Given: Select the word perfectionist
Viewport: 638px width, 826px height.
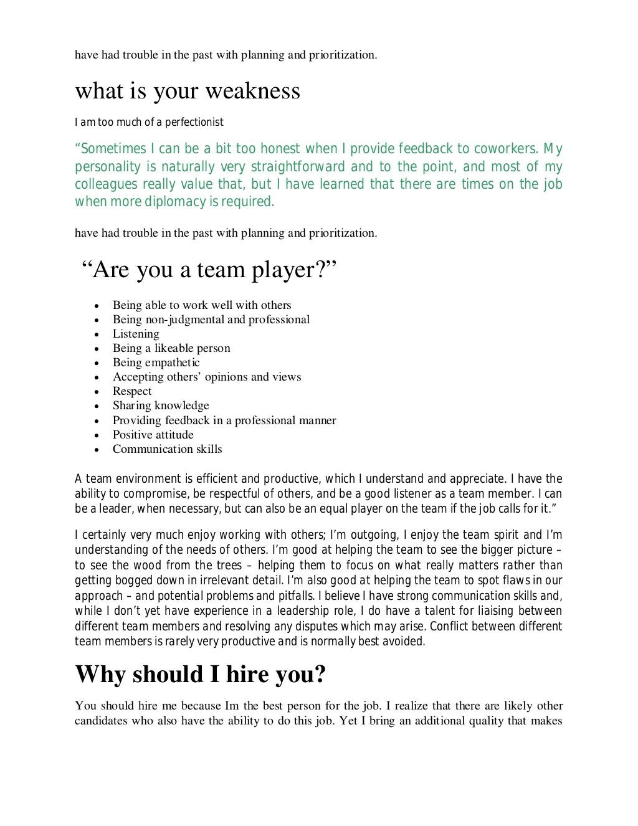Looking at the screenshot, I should coord(194,122).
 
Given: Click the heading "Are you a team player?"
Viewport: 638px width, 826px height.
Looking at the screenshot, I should coord(209,270).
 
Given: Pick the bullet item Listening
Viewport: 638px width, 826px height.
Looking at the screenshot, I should coord(136,334).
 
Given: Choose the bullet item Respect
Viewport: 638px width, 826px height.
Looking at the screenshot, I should coord(132,391).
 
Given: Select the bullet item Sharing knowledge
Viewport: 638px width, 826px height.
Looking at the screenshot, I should coord(161,406).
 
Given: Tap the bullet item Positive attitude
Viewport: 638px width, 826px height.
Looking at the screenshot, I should coord(153,435).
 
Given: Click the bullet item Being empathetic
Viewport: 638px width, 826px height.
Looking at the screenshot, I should coord(156,363).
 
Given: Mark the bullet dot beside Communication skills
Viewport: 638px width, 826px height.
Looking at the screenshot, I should coord(97,450).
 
